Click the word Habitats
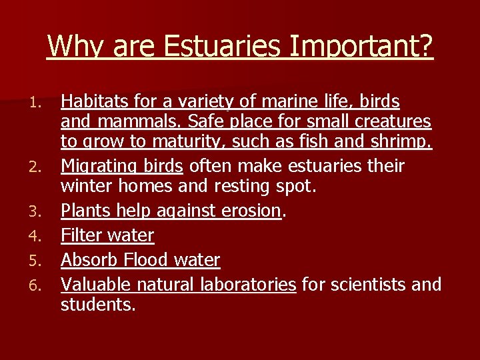(x=91, y=101)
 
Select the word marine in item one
(x=259, y=101)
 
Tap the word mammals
(x=133, y=122)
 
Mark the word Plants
(x=84, y=211)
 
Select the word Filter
(x=83, y=235)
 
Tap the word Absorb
(x=87, y=259)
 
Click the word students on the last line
(x=97, y=305)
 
